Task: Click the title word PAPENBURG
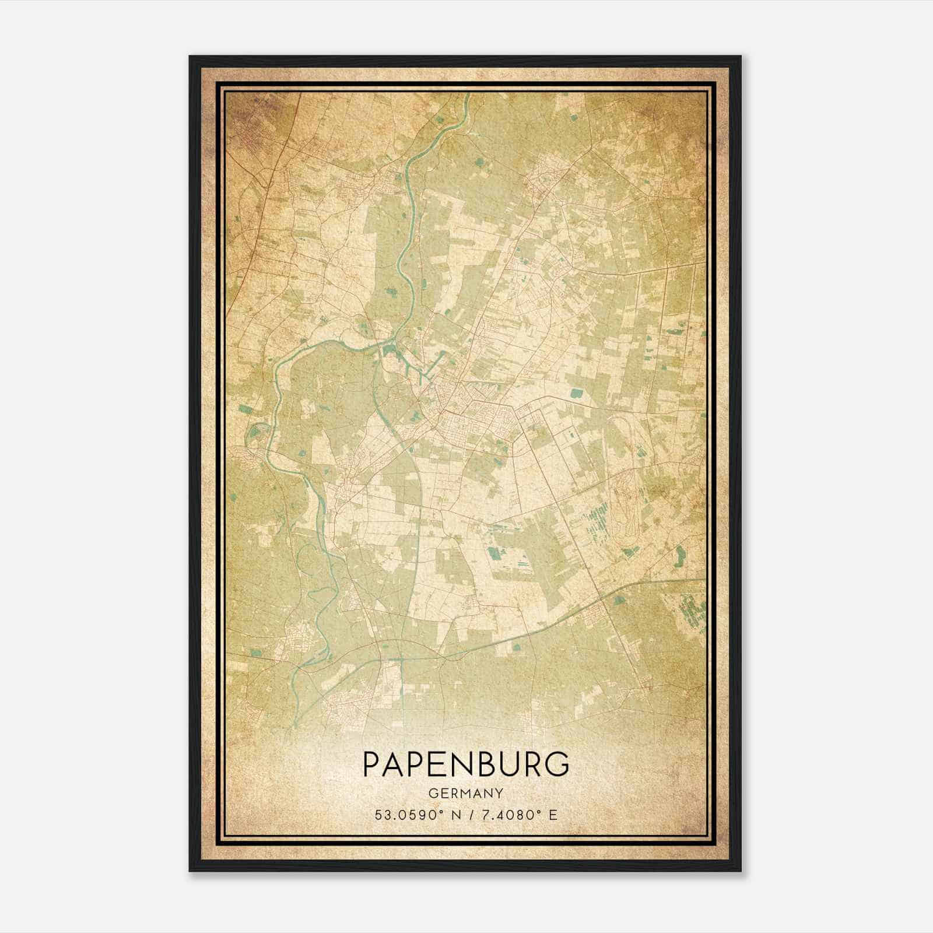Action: coord(466,764)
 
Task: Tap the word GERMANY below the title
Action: coord(466,793)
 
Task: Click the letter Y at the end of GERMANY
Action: coord(499,793)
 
